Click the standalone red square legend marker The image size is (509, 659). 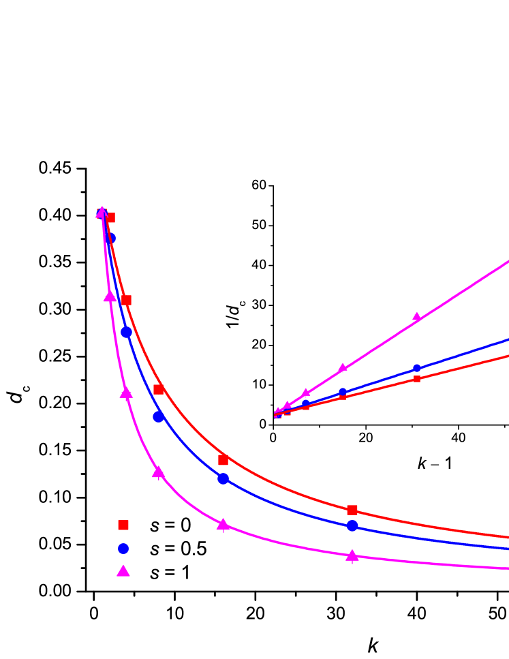[x=123, y=525]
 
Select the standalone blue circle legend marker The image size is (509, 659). [x=123, y=549]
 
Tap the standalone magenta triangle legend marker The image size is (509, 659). [x=123, y=571]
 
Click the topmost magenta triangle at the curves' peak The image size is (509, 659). [x=102, y=212]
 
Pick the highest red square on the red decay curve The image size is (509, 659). [x=110, y=218]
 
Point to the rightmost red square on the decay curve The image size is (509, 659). [x=352, y=510]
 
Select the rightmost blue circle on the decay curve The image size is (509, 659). [x=352, y=525]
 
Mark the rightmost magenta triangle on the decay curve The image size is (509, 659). [x=352, y=556]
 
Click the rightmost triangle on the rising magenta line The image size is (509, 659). [x=417, y=317]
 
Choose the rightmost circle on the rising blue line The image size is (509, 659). [x=417, y=368]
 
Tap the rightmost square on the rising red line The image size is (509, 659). [x=417, y=379]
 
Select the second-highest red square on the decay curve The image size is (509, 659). [x=126, y=300]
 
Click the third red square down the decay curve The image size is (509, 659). [x=159, y=389]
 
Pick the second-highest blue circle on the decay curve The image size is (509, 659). [x=126, y=332]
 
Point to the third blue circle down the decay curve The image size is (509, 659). [x=158, y=416]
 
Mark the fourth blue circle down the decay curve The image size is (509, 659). [x=223, y=478]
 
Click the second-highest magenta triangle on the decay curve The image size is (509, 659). [x=110, y=296]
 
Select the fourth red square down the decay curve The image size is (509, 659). [x=223, y=460]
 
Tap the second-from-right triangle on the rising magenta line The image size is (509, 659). [x=343, y=368]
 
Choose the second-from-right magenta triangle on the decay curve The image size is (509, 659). [x=223, y=524]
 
